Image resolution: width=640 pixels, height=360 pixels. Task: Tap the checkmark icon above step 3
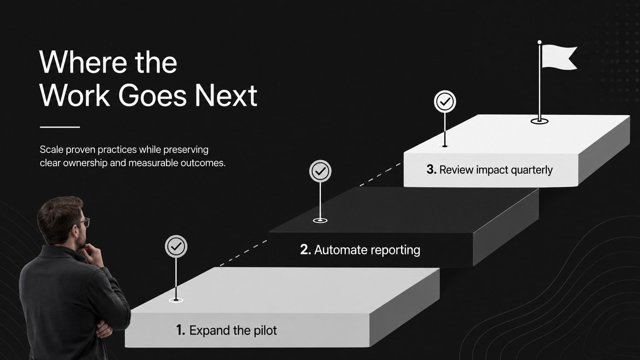click(445, 101)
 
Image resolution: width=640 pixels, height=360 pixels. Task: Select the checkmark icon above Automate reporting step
click(320, 171)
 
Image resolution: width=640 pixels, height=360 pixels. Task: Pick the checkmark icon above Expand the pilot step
click(176, 246)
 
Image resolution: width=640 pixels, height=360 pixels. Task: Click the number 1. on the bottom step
click(181, 330)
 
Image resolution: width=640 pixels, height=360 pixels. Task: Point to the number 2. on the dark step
click(305, 249)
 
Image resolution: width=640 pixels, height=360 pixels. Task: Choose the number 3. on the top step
click(431, 169)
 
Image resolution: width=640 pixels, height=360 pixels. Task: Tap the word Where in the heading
click(83, 62)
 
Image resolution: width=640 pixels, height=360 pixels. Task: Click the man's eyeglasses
click(84, 222)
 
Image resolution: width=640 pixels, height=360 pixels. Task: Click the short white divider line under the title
click(60, 127)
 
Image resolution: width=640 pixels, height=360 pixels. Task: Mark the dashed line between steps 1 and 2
click(243, 253)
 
